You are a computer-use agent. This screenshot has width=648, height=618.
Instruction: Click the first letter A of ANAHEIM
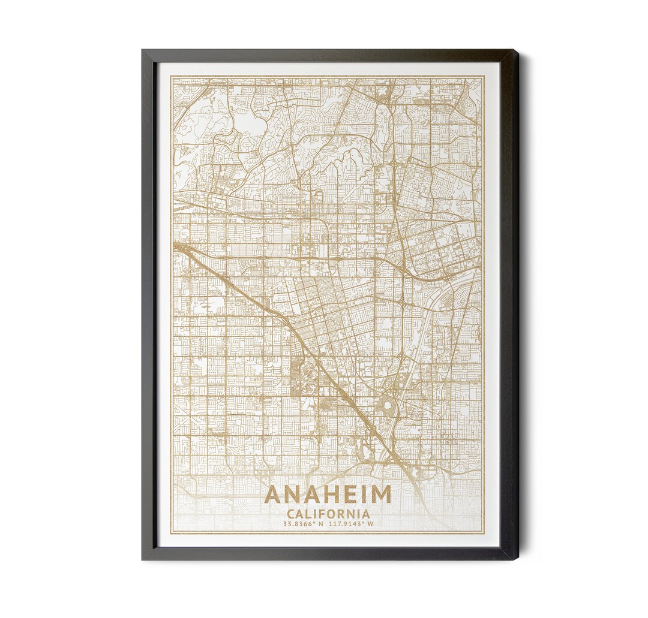click(x=274, y=495)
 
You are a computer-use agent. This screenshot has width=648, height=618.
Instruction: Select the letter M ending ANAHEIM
click(x=380, y=495)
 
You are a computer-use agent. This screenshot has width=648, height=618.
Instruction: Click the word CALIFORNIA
click(x=328, y=514)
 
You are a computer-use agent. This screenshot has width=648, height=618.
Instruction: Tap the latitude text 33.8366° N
click(x=304, y=524)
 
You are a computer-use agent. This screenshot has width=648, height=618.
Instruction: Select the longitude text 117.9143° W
click(x=351, y=524)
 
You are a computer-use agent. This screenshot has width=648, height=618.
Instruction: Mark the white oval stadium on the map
click(x=388, y=408)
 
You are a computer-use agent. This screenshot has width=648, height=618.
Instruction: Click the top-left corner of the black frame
click(x=143, y=50)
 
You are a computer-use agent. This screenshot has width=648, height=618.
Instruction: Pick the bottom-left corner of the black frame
click(x=143, y=559)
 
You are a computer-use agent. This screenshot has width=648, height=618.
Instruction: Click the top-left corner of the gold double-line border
click(x=170, y=76)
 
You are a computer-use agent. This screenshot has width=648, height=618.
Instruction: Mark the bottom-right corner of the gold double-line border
click(x=484, y=533)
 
